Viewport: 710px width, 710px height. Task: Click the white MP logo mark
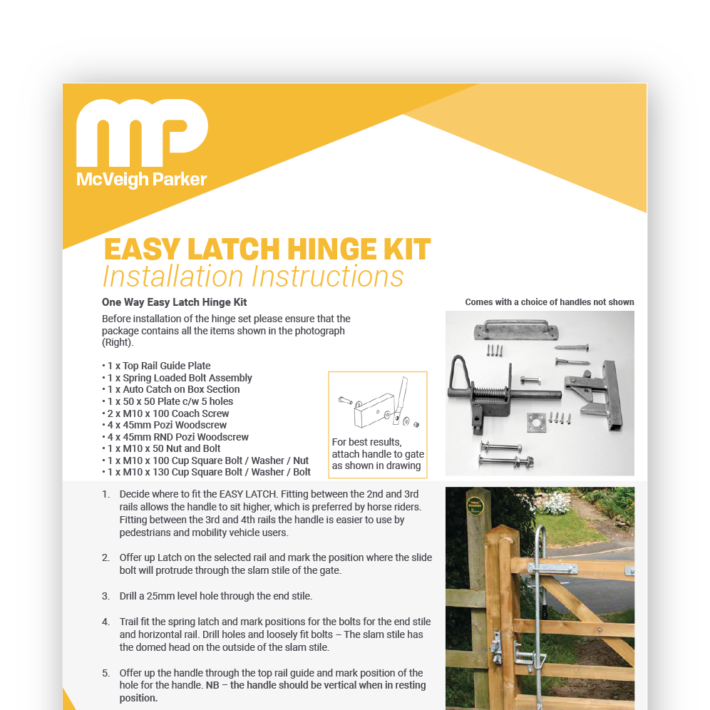click(141, 134)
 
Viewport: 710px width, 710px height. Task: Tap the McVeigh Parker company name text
click(141, 180)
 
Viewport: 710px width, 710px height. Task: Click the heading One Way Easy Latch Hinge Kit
click(174, 302)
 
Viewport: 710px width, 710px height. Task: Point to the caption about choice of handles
click(549, 302)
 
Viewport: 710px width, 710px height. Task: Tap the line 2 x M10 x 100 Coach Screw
click(166, 413)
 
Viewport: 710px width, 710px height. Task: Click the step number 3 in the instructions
click(106, 596)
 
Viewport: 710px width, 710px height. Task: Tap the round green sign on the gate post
click(474, 507)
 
